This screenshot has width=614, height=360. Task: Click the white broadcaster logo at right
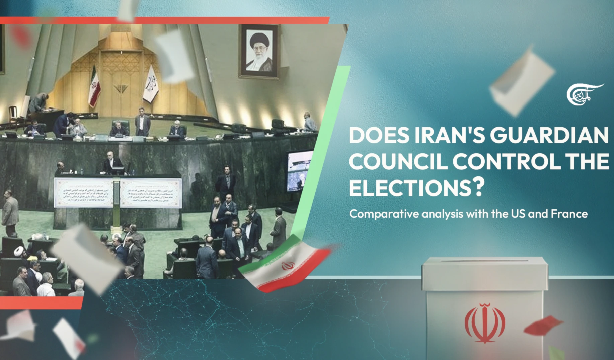584,94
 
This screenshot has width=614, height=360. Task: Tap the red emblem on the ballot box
484,322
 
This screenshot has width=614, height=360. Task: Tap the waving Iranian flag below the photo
285,265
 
